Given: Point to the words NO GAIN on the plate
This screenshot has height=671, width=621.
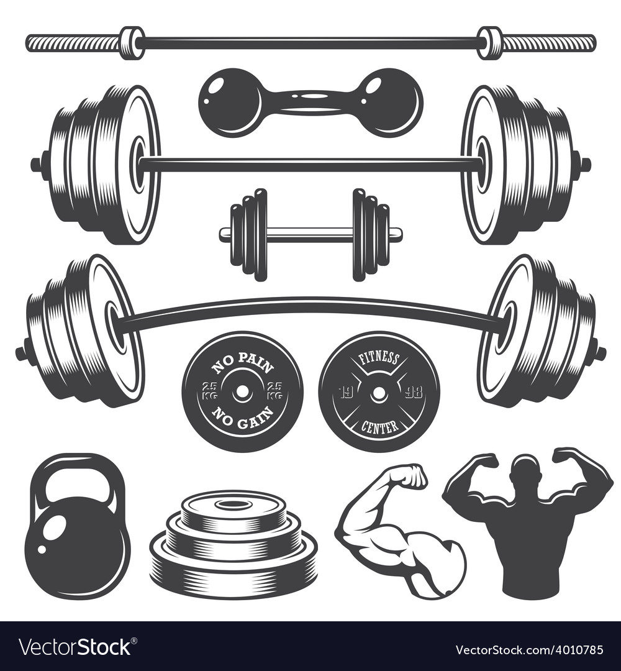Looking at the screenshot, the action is (242, 418).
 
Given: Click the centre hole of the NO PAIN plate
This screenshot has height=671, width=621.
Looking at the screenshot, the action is (242, 391).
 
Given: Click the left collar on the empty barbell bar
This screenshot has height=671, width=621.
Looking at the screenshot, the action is (132, 42).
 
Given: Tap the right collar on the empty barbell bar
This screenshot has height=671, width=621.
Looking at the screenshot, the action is (491, 42).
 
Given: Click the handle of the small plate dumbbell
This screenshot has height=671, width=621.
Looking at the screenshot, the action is (310, 234).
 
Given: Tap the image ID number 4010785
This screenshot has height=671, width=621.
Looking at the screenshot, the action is (575, 650).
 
